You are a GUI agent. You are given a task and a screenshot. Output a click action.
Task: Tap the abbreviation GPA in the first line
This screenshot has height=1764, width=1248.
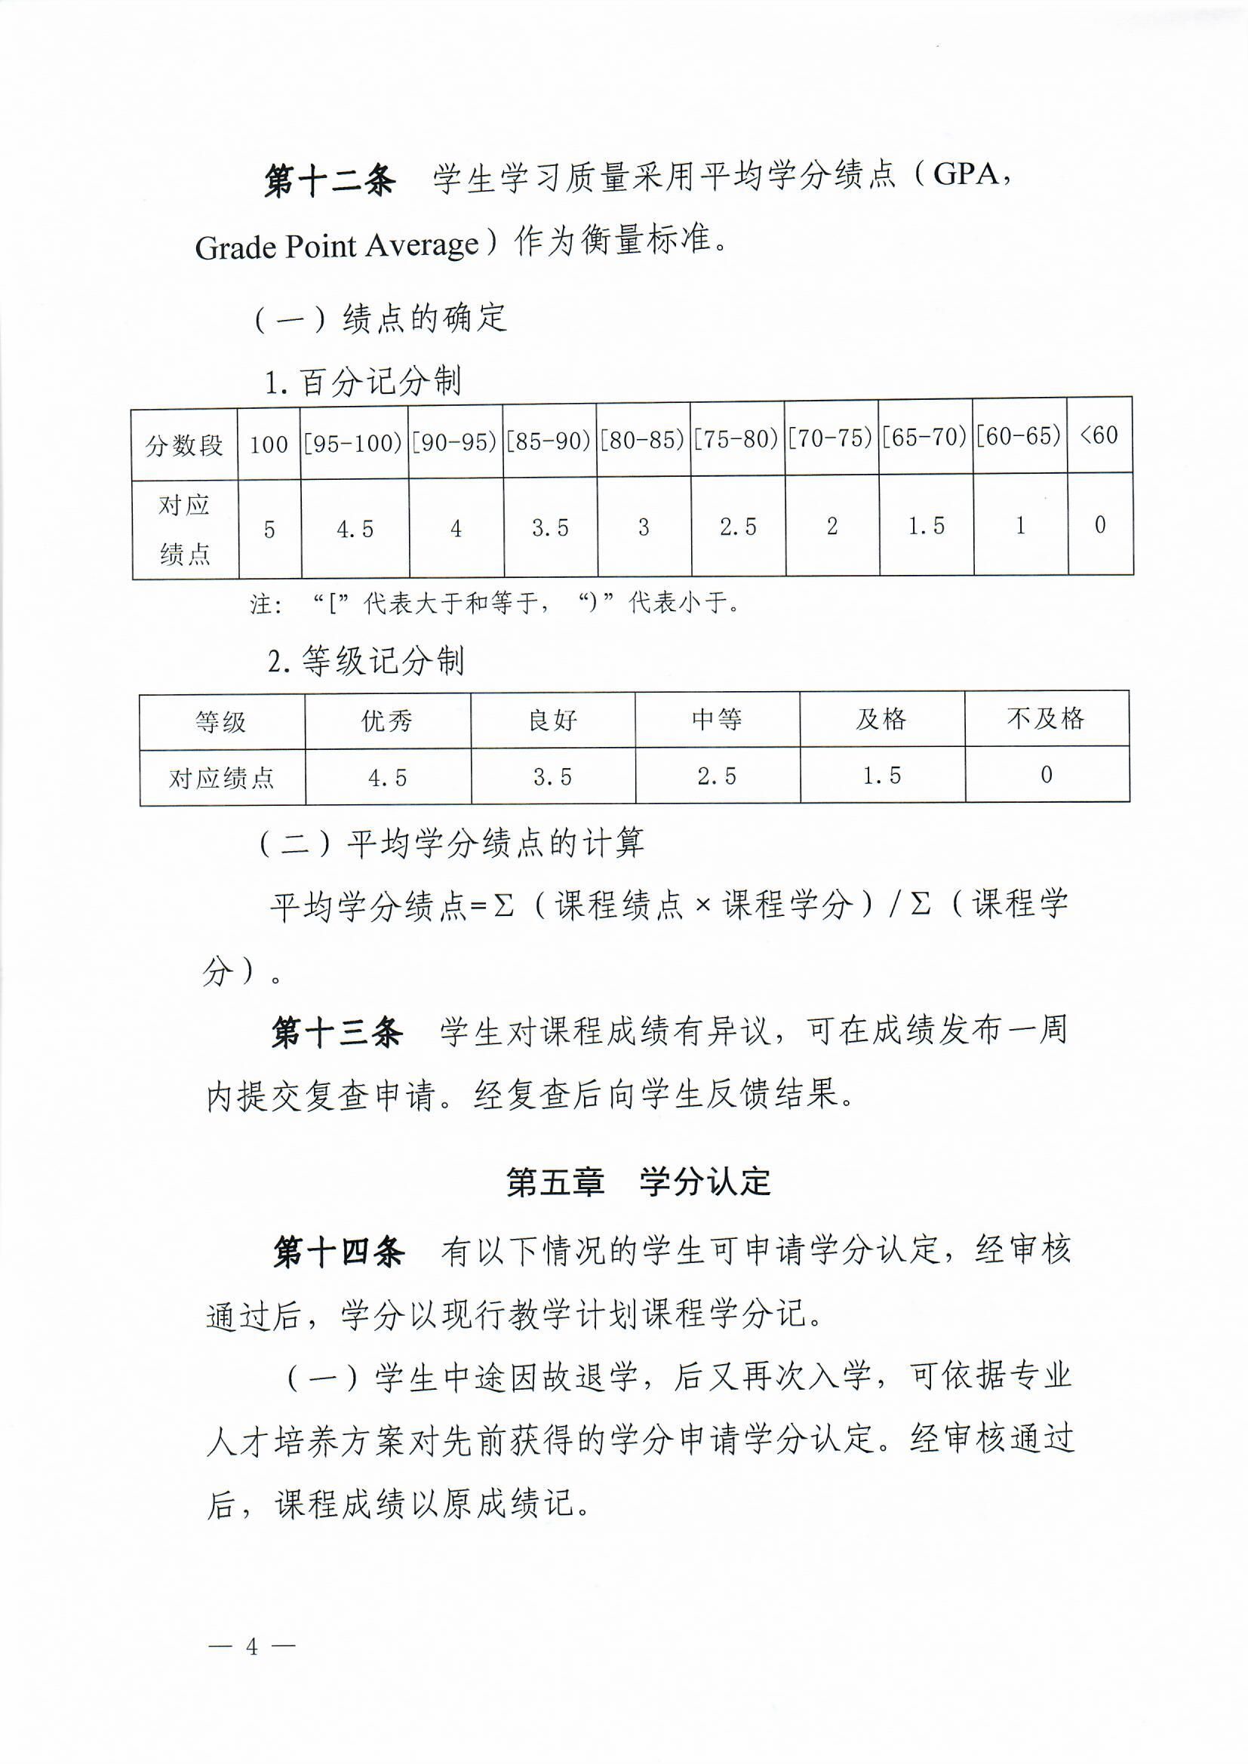966,175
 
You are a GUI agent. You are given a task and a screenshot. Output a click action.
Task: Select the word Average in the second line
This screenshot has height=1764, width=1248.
422,246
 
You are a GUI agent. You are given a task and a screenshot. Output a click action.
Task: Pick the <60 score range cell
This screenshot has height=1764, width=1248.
1099,435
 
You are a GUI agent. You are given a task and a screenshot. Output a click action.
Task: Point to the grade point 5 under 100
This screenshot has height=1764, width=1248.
269,530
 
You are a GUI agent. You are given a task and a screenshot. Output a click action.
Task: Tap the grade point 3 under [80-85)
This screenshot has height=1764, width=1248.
643,527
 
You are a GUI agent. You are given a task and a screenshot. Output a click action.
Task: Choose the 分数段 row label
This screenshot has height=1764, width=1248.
183,445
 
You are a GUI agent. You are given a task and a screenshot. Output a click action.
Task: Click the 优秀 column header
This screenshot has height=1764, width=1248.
387,721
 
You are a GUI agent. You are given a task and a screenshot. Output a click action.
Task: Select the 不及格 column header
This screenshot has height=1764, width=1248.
1046,718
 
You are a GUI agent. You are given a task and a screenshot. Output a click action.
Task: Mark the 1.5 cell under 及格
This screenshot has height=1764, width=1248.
881,776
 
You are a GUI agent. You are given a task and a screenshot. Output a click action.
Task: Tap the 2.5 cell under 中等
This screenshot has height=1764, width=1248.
716,776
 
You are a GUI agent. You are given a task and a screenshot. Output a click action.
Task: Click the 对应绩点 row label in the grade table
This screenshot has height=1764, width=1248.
221,779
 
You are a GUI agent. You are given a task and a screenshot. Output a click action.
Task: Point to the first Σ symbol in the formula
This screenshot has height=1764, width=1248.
503,905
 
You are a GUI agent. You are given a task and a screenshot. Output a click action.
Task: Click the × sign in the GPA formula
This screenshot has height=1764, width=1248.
702,905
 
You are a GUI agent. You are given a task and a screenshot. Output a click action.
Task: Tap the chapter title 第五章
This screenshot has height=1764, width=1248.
555,1182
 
